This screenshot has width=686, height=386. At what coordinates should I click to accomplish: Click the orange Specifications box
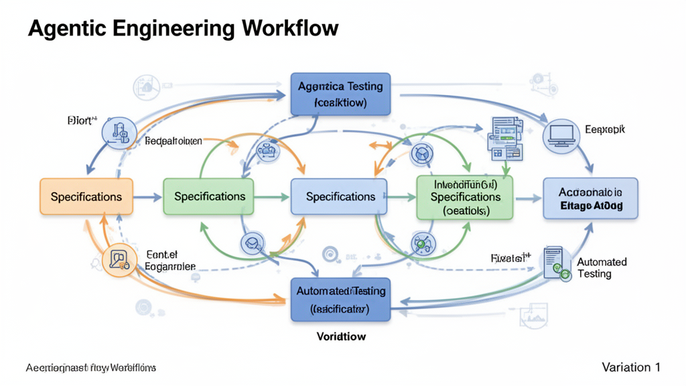[86, 196]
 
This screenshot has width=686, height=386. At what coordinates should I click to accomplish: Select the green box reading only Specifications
[209, 196]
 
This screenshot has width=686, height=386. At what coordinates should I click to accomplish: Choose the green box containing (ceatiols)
[464, 197]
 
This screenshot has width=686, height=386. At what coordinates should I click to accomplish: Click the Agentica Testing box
[340, 94]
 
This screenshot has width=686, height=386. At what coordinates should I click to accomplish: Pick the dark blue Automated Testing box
[340, 300]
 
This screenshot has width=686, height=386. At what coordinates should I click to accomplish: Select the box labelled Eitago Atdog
[590, 198]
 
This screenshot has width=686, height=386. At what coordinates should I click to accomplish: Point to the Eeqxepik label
[605, 130]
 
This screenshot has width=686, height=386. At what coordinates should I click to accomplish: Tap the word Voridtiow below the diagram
[340, 336]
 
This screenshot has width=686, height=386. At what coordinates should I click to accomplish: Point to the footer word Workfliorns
[133, 368]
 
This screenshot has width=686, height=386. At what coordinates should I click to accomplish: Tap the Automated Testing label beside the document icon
[601, 268]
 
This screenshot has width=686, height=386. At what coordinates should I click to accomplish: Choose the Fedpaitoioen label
[173, 142]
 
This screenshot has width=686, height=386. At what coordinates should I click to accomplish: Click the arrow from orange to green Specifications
[148, 197]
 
